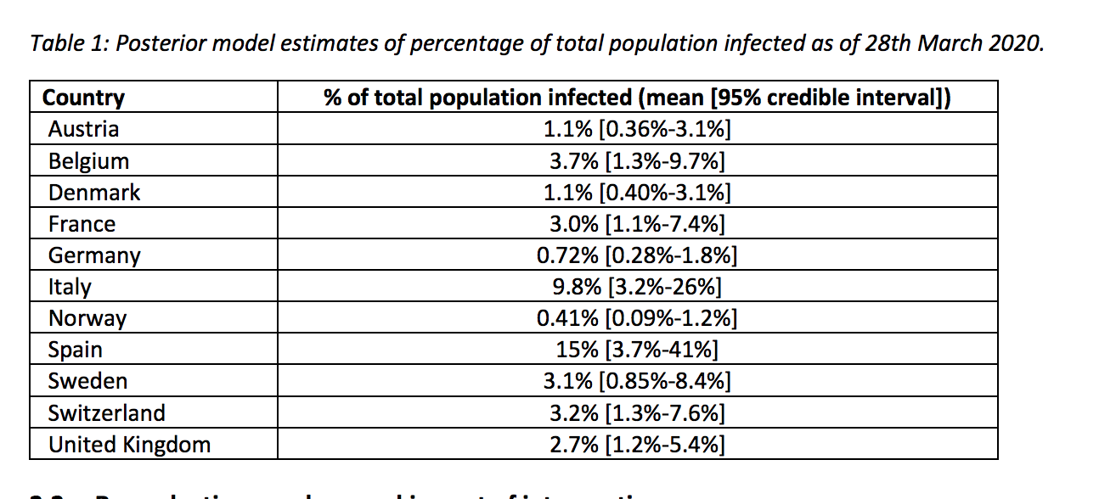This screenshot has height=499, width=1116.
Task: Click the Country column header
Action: coord(83,98)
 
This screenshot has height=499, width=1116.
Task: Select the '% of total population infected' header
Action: coord(637,98)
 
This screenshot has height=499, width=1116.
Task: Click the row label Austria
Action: coord(83,129)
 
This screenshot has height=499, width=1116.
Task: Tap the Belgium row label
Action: coord(88,161)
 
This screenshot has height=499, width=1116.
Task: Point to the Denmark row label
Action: coord(94,193)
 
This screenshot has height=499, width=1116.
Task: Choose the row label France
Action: coord(82,224)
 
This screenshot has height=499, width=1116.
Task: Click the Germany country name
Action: coord(94,255)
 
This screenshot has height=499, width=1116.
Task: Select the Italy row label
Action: coord(70,287)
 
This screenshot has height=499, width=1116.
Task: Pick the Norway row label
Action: coord(87,318)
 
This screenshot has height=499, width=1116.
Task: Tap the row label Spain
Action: coord(76,350)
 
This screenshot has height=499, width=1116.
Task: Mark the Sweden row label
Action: coord(87,381)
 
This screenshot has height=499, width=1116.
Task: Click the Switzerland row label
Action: coord(106,413)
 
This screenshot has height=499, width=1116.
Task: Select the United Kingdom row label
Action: coord(129,445)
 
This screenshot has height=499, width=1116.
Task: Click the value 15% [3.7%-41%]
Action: coord(637,350)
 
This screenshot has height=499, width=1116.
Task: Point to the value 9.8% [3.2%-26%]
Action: coord(637,287)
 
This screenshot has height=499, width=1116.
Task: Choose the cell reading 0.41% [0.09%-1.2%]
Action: coord(637,318)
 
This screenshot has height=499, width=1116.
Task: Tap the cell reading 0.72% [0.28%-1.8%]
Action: coord(637,255)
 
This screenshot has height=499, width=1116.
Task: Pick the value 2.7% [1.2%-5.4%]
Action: coord(637,445)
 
